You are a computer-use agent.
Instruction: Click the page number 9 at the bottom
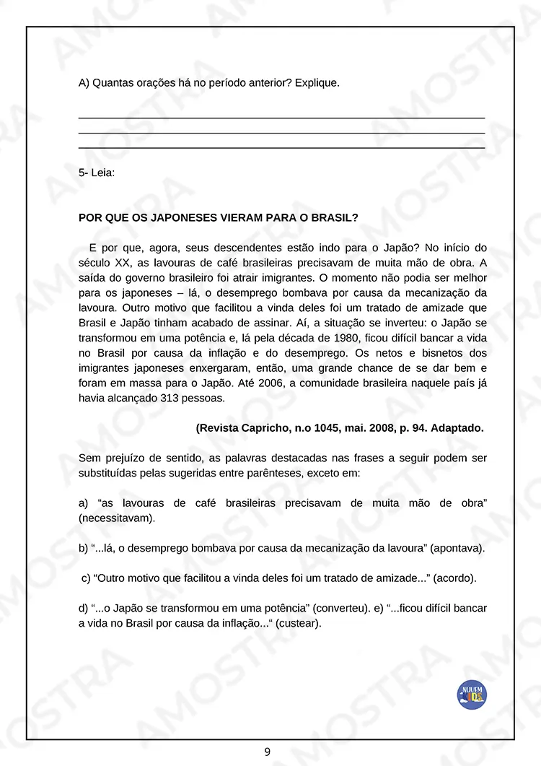tap(267, 752)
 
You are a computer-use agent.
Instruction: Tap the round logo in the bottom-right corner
tap(472, 694)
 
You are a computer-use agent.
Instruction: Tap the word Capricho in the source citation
tap(265, 428)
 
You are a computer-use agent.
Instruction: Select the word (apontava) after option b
tap(457, 548)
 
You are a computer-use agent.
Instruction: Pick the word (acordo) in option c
tap(455, 578)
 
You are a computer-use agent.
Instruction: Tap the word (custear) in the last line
tap(299, 623)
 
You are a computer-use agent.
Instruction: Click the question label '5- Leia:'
tap(96, 173)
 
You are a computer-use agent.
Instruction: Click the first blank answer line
tap(281, 118)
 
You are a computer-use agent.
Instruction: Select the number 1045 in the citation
tap(332, 428)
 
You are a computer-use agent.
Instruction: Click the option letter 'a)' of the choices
tap(83, 502)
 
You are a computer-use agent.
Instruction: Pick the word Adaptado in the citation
tap(457, 428)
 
